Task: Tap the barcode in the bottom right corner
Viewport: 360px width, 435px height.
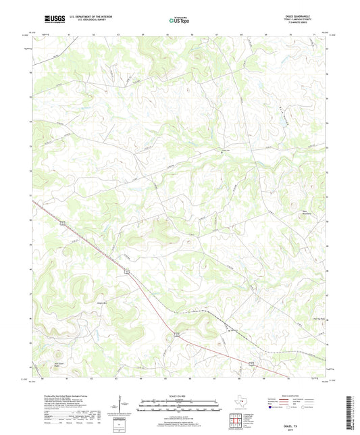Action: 348,409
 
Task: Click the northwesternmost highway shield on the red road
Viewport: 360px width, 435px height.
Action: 61,222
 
